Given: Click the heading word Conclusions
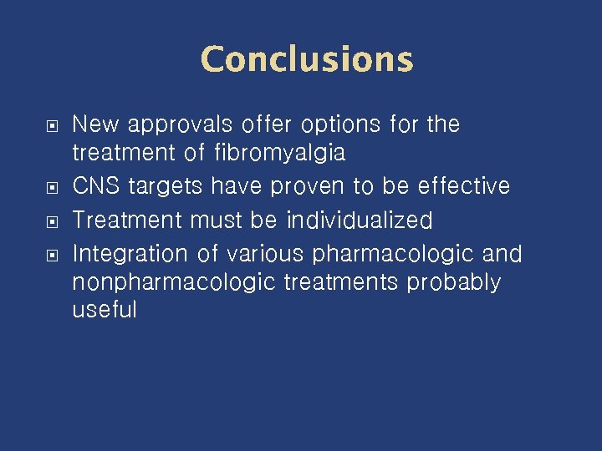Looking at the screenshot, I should [307, 60].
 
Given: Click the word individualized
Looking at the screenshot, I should [360, 220].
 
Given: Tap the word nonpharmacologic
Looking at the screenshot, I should [174, 283].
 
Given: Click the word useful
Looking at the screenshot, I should [105, 311].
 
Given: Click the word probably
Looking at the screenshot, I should [453, 283].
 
